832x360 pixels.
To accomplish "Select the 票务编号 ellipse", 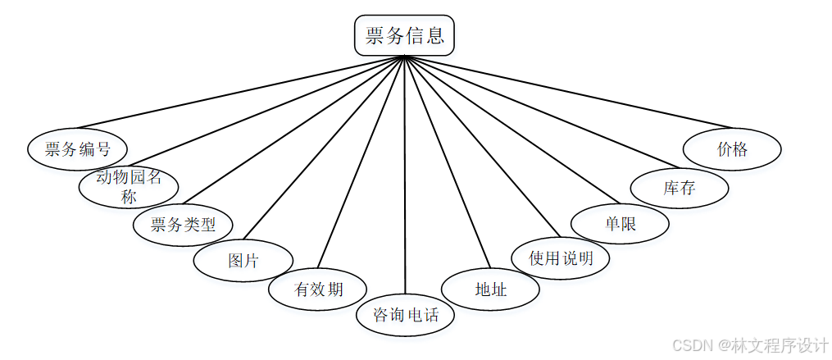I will (77, 149).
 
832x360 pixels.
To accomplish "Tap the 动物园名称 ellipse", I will (128, 186).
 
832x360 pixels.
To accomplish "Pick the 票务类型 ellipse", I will (183, 223).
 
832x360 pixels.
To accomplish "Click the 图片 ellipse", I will (243, 261).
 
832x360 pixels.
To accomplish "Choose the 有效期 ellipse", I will (318, 289).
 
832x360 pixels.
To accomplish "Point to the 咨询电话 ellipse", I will (406, 315).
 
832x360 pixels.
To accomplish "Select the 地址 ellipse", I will (490, 289).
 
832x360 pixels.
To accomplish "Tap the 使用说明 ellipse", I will (561, 258).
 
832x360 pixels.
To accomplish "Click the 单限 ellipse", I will (620, 223).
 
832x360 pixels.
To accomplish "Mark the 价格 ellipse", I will (732, 149).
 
